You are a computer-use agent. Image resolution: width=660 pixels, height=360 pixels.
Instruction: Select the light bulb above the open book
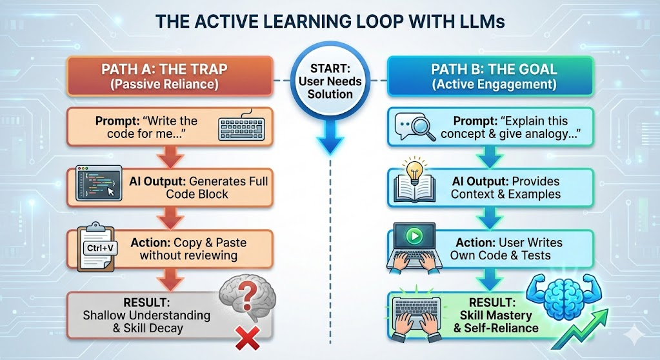coord(414,170)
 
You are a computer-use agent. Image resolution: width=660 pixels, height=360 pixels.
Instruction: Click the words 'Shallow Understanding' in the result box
coord(146,315)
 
